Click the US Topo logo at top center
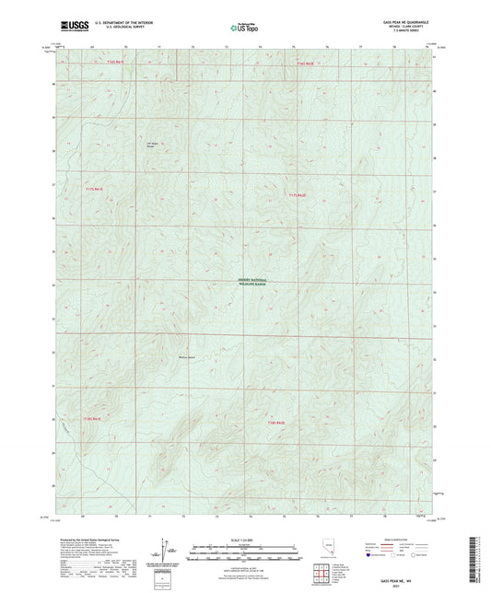244,29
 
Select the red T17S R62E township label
296,194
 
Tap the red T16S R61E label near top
95,62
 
